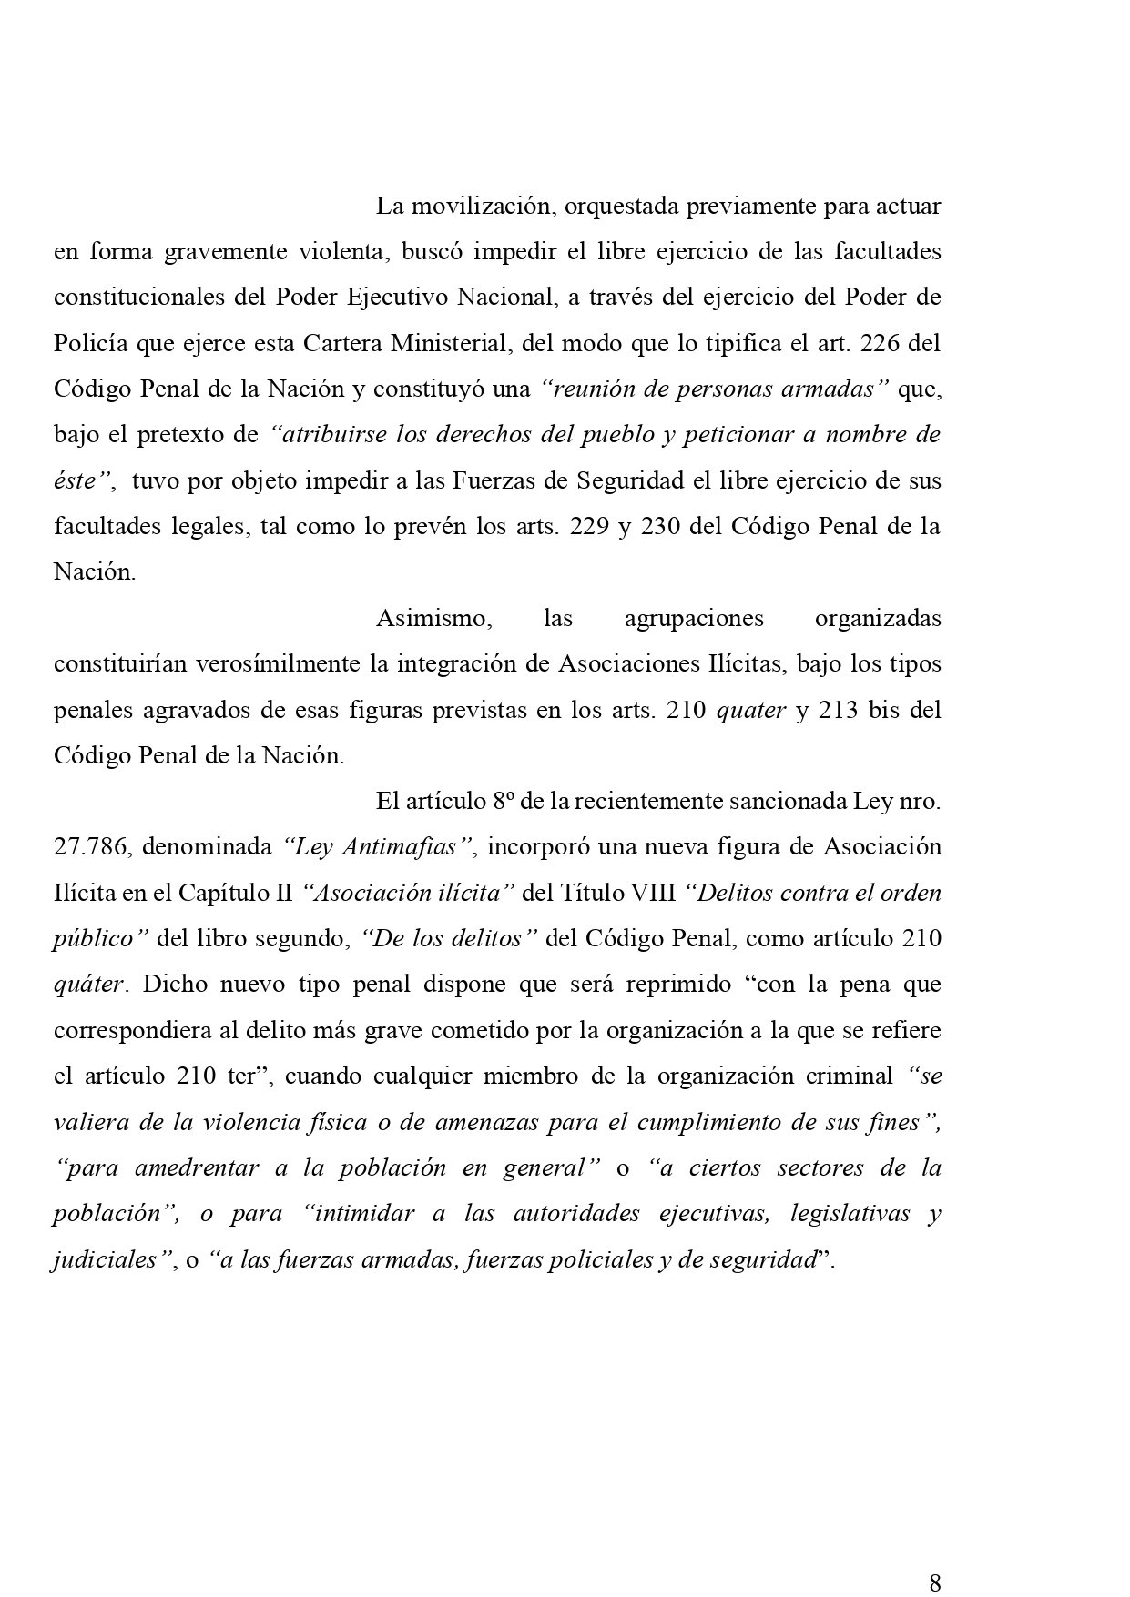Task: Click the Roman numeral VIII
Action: (x=656, y=894)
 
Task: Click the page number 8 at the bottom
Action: (x=934, y=1582)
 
